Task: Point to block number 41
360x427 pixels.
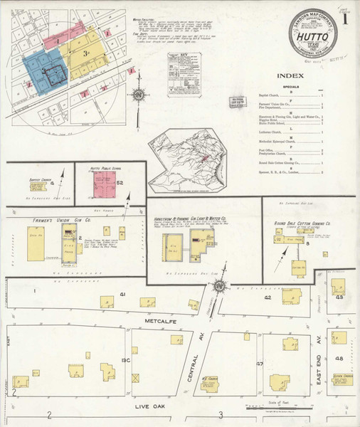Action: point(122,294)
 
